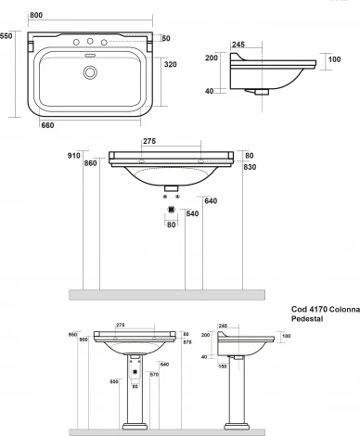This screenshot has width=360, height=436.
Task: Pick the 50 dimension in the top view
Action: (x=167, y=38)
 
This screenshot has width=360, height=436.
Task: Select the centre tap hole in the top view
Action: (x=90, y=41)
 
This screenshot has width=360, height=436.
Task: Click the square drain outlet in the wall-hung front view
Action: (x=170, y=210)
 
